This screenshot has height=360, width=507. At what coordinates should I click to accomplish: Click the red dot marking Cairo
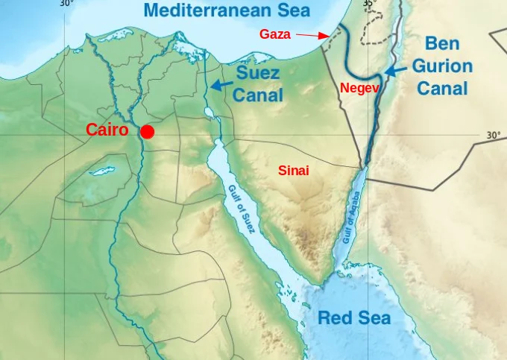pyautogui.click(x=148, y=132)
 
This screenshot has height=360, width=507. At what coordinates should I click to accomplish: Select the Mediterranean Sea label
pyautogui.click(x=227, y=10)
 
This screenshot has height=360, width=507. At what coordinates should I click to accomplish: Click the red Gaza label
pyautogui.click(x=275, y=34)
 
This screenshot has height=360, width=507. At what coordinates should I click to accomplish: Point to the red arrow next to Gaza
pyautogui.click(x=312, y=35)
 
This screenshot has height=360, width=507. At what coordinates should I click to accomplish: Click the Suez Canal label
pyautogui.click(x=259, y=84)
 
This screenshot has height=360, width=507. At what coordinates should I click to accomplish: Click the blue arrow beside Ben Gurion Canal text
pyautogui.click(x=396, y=69)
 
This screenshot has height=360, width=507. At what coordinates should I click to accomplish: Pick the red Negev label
pyautogui.click(x=360, y=88)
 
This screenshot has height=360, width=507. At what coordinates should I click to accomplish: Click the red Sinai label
pyautogui.click(x=293, y=171)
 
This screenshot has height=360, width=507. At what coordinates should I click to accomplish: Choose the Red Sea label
pyautogui.click(x=354, y=318)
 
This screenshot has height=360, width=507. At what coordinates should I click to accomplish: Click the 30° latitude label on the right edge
pyautogui.click(x=493, y=135)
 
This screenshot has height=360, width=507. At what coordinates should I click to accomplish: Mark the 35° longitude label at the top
pyautogui.click(x=369, y=4)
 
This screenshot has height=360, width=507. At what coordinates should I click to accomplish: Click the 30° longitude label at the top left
pyautogui.click(x=66, y=3)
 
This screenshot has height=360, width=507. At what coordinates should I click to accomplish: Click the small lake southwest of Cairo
pyautogui.click(x=101, y=171)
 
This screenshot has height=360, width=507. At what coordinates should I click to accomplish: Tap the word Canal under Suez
pyautogui.click(x=259, y=95)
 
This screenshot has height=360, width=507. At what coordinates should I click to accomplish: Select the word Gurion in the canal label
pyautogui.click(x=444, y=66)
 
